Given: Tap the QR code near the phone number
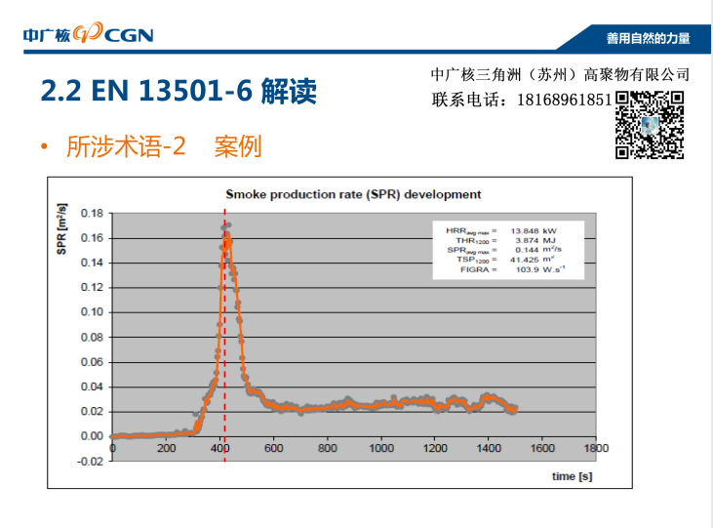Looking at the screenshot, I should [x=649, y=124].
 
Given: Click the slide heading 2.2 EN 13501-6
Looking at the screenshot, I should [x=178, y=93].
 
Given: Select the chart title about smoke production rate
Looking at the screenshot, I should [x=353, y=194].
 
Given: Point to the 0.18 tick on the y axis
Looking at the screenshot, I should [x=91, y=213].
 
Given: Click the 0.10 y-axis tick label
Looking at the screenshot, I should [x=91, y=312].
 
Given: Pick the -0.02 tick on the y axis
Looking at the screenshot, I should [x=89, y=461].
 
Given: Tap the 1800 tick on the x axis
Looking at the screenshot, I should [x=595, y=449].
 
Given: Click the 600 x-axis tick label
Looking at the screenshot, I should [x=273, y=449].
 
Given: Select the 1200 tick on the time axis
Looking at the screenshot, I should [x=434, y=449].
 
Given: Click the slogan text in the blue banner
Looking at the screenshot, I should [x=647, y=38].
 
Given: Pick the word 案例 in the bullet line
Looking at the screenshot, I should [x=238, y=147].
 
